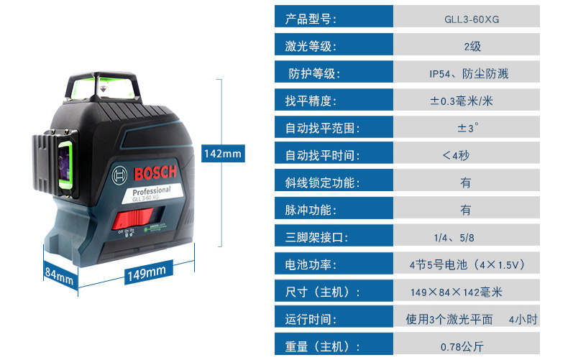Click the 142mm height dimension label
pyautogui.click(x=223, y=154)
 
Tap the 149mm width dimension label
pyautogui.click(x=136, y=271)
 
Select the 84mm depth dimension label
pyautogui.click(x=59, y=274)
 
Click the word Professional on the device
pyautogui.click(x=151, y=190)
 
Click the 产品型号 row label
pyautogui.click(x=311, y=19)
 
